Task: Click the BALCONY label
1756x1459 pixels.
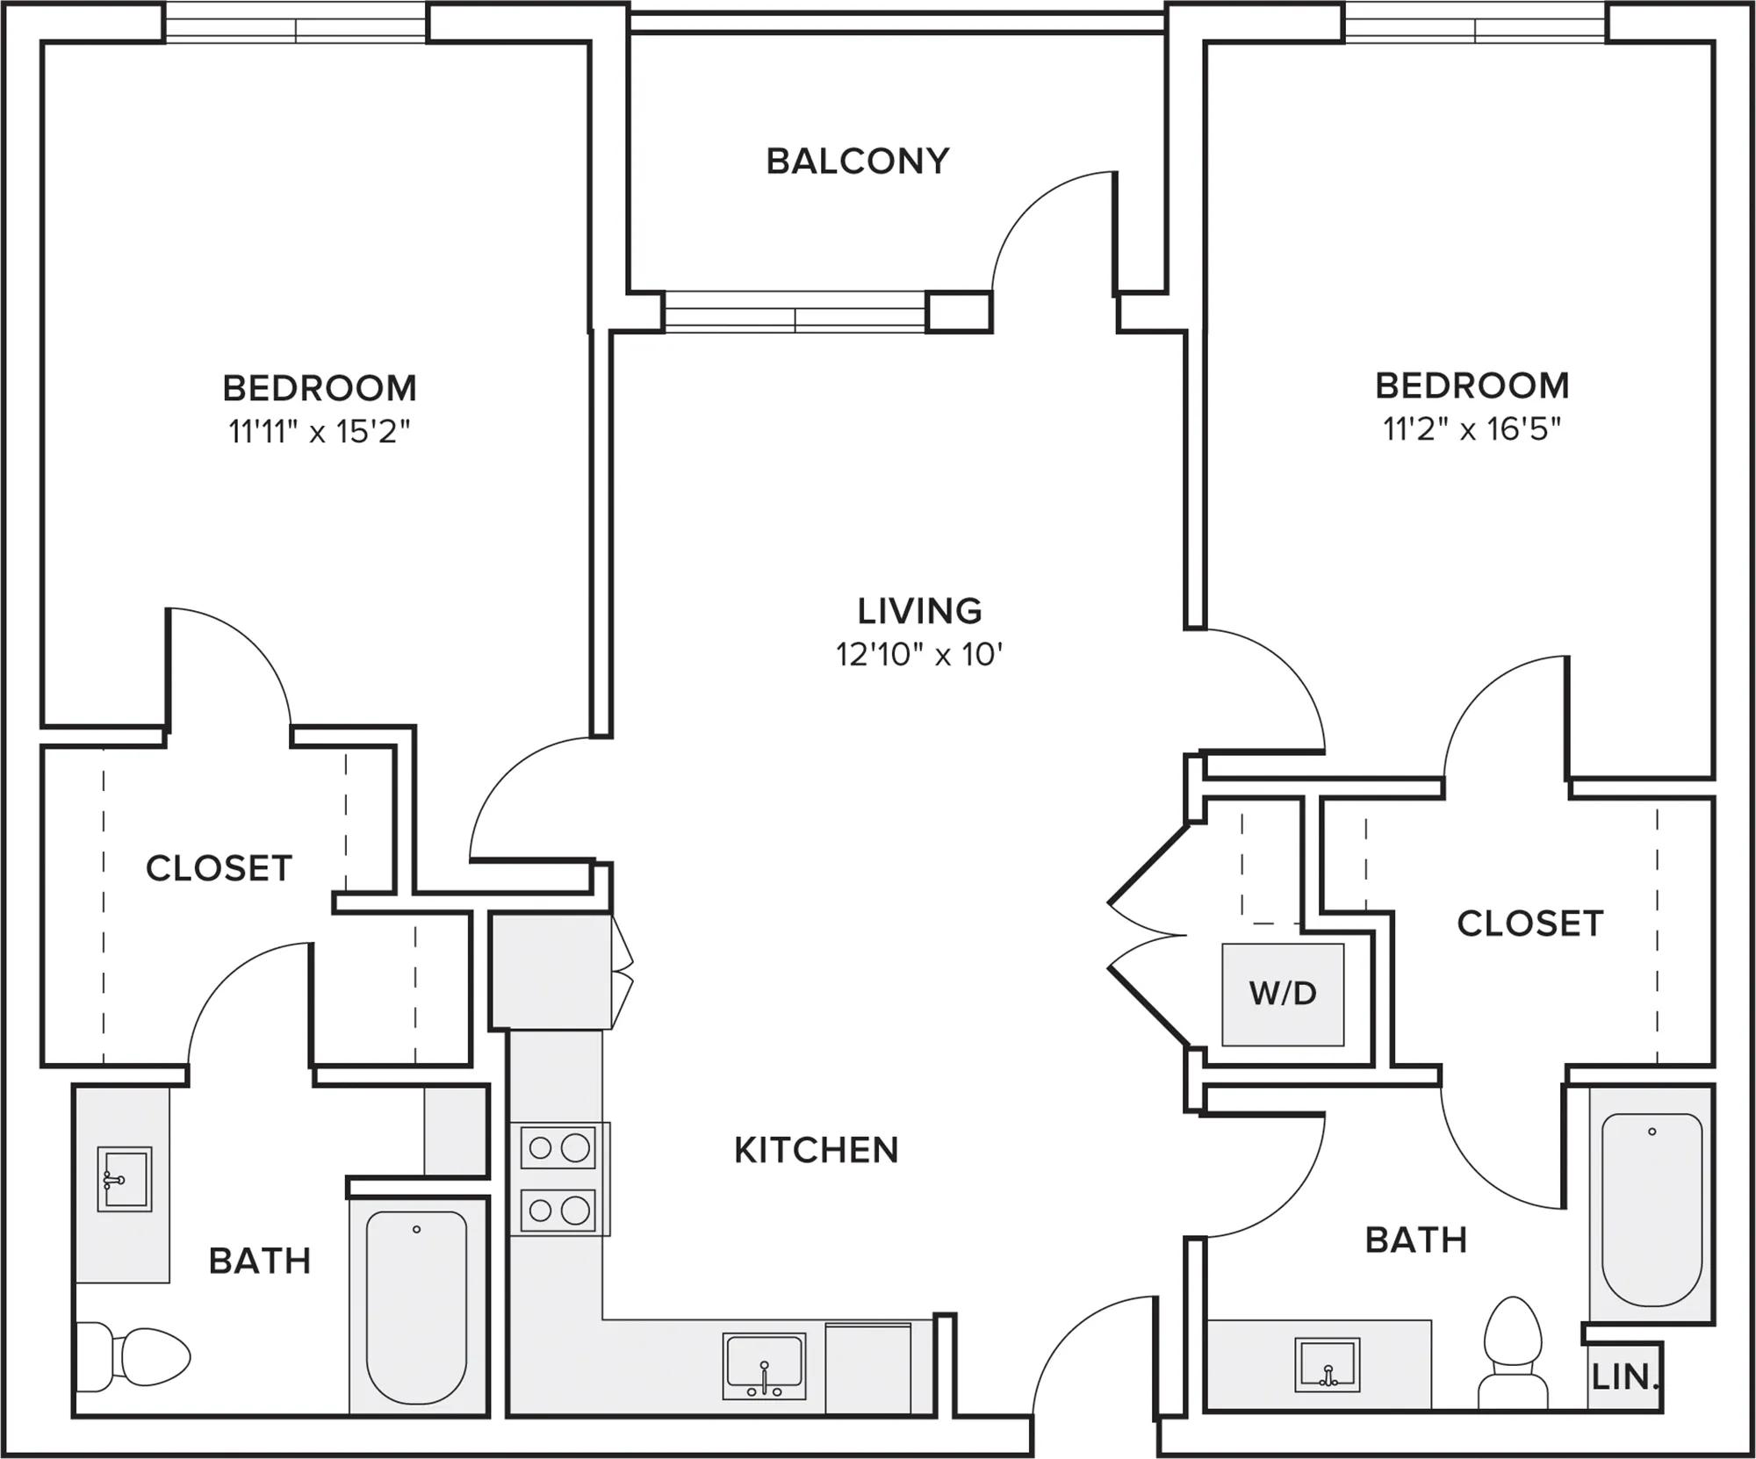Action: click(x=858, y=162)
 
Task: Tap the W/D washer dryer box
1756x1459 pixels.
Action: click(x=1283, y=994)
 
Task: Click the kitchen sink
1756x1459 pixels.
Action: click(x=764, y=1366)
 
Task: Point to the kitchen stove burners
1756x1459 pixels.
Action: click(x=558, y=1178)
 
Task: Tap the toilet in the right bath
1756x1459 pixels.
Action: click(x=1513, y=1352)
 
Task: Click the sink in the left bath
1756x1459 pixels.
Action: click(x=124, y=1179)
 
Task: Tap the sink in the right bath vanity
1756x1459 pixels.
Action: click(x=1327, y=1364)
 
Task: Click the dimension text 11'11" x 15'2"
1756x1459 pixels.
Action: click(x=320, y=432)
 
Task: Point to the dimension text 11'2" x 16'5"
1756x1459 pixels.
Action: click(x=1472, y=429)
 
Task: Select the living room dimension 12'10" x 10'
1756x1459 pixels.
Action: click(x=919, y=654)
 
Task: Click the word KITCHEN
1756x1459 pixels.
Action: click(x=817, y=1150)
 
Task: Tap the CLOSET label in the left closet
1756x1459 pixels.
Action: click(x=219, y=868)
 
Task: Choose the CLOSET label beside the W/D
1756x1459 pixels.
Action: click(x=1529, y=924)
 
